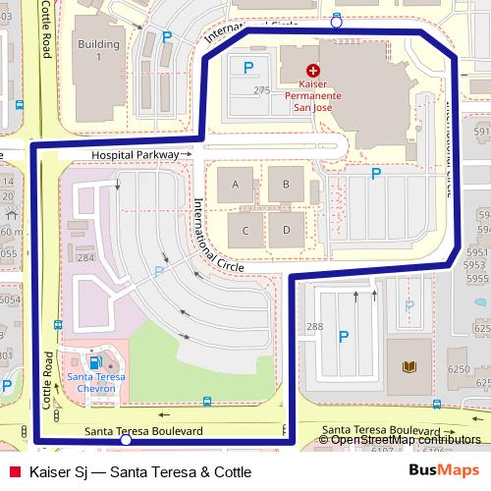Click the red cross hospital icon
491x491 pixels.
pyautogui.click(x=313, y=71)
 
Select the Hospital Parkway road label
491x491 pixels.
pyautogui.click(x=136, y=155)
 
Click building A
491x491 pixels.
pyautogui.click(x=235, y=185)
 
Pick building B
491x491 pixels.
pyautogui.click(x=286, y=185)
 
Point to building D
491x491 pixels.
pyautogui.click(x=286, y=231)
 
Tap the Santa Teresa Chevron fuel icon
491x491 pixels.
pyautogui.click(x=95, y=363)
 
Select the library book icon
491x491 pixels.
pyautogui.click(x=408, y=367)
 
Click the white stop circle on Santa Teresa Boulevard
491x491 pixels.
pyautogui.click(x=126, y=442)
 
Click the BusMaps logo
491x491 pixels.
pyautogui.click(x=444, y=471)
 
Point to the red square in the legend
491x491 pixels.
pyautogui.click(x=13, y=472)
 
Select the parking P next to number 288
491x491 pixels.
pyautogui.click(x=344, y=337)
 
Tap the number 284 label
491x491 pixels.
pyautogui.click(x=85, y=258)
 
